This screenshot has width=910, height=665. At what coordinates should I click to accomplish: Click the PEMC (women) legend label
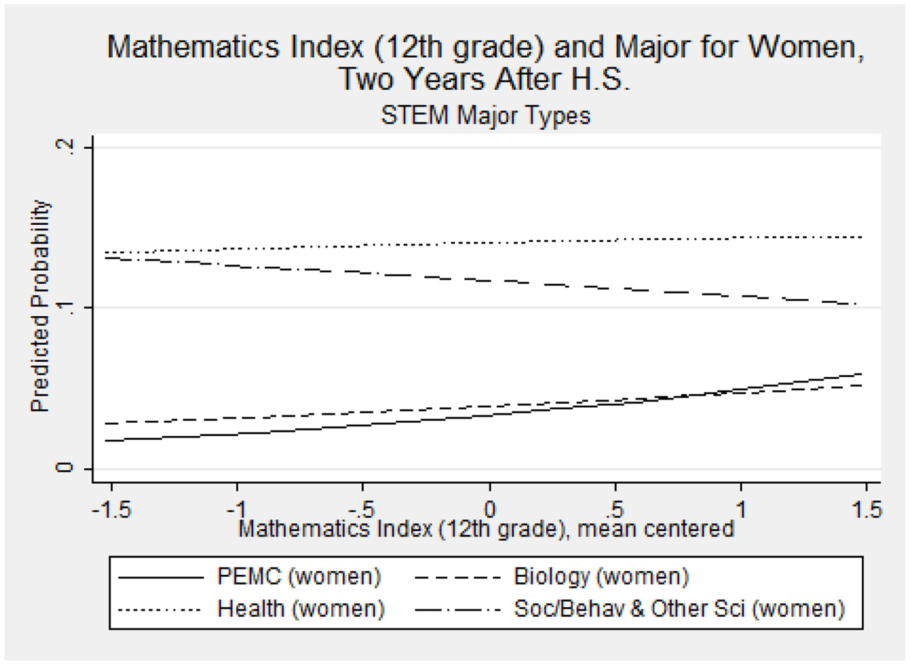(x=298, y=577)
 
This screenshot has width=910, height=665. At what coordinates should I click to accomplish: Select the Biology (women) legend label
(x=601, y=577)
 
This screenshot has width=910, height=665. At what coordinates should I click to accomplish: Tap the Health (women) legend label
(x=301, y=609)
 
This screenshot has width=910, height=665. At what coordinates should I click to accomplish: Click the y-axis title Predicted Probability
(x=40, y=306)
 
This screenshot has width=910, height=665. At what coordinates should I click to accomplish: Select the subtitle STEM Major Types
(x=485, y=115)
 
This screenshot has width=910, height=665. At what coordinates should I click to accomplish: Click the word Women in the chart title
(x=804, y=47)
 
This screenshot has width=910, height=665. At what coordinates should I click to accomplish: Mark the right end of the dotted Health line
(x=861, y=237)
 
